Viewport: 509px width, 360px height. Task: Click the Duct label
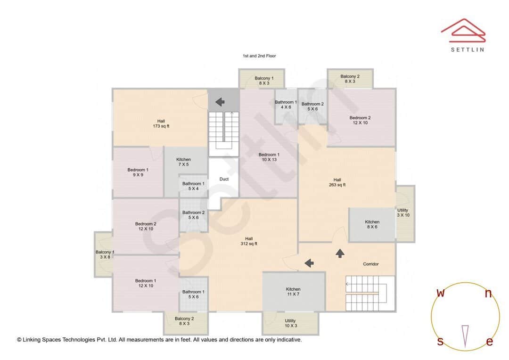[x=224, y=179]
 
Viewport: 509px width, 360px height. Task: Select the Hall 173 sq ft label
[x=161, y=123]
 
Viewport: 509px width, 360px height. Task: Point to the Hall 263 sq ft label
[x=337, y=182]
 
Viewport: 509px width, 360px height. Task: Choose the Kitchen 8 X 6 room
[x=372, y=225]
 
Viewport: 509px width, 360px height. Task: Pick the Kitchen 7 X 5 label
[x=183, y=162]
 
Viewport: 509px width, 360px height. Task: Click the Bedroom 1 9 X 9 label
[x=138, y=172]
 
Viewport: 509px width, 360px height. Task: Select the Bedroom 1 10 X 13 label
[x=269, y=157]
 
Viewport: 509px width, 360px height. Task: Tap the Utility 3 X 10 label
[x=403, y=213]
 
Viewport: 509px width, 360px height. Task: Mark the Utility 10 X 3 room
[x=290, y=323]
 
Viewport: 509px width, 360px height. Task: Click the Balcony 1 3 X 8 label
[x=104, y=255]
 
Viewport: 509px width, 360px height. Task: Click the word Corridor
[x=371, y=264]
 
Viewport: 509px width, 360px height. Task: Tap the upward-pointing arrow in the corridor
[x=340, y=254]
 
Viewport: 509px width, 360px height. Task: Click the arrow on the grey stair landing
[x=219, y=102]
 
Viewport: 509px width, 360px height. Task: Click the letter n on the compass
[x=488, y=294]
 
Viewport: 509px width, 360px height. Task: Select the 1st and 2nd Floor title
[x=259, y=56]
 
